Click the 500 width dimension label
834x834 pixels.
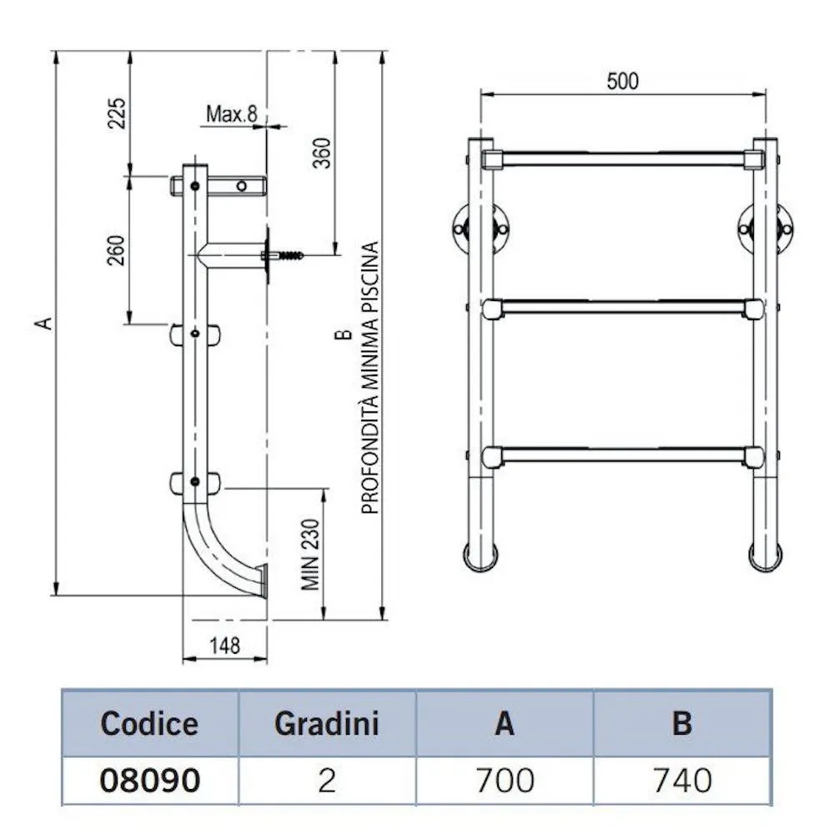pos(622,81)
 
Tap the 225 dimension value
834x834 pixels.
pos(117,113)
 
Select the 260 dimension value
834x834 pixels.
pos(116,250)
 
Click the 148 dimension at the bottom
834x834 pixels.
pos(224,645)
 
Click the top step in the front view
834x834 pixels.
pos(622,158)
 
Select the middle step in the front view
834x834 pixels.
pos(622,309)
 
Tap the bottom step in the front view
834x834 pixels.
pos(622,455)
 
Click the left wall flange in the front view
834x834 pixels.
pos(461,226)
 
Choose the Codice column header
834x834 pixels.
pos(149,723)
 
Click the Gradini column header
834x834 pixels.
pos(326,723)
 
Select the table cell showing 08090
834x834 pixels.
pos(149,780)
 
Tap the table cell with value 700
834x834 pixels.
pos(504,780)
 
